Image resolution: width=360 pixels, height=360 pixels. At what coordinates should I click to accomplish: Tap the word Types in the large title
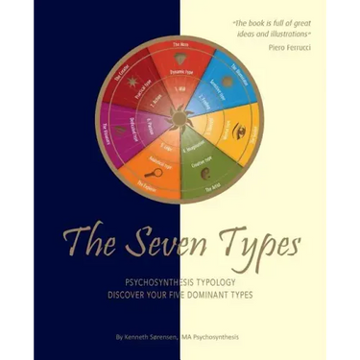coord(264,236)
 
